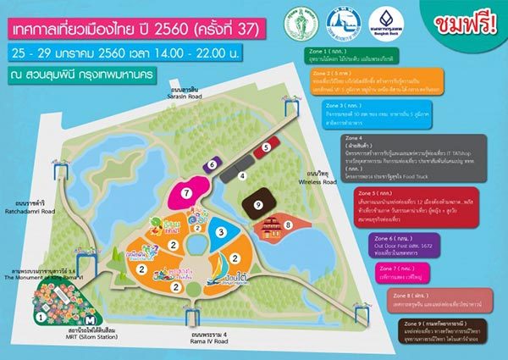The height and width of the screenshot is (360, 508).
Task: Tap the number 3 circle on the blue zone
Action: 220,230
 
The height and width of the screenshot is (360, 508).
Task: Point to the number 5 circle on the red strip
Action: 265,147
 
